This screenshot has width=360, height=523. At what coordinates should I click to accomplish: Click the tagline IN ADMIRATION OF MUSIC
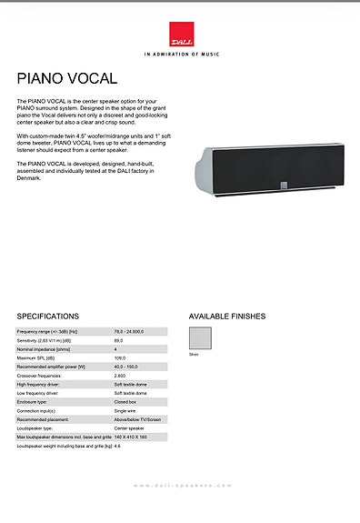[x=180, y=54]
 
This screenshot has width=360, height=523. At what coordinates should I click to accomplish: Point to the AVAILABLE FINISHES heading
[x=226, y=317]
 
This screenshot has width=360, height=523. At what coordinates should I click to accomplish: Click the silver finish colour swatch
[x=200, y=338]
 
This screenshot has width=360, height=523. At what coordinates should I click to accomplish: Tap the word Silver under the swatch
[x=193, y=354]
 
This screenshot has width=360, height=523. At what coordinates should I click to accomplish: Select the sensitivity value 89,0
[x=119, y=340]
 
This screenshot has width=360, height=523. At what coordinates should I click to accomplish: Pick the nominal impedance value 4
[x=115, y=349]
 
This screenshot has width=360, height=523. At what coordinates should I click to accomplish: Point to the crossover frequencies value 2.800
[x=120, y=376]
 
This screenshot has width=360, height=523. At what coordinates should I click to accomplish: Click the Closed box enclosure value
[x=125, y=402]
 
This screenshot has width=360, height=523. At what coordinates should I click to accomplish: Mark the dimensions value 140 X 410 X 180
[x=132, y=438]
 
